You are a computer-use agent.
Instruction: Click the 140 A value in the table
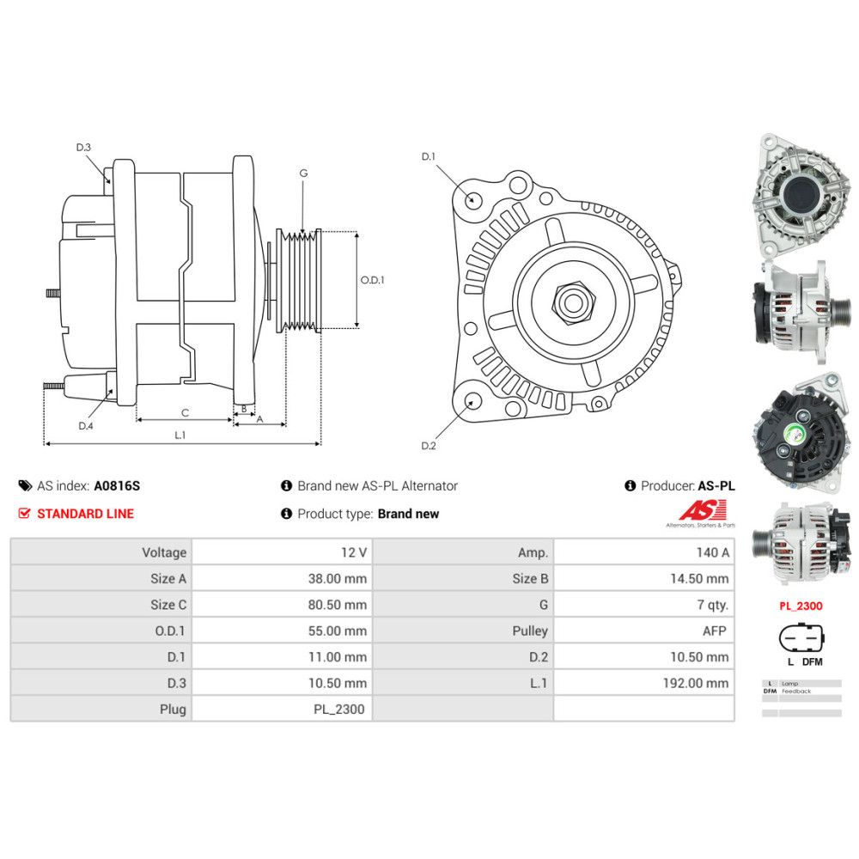[712, 552]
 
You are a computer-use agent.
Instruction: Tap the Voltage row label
[164, 552]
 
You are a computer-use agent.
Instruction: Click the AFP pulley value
[715, 631]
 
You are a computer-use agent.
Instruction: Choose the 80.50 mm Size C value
[338, 605]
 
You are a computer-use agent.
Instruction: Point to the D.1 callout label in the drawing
[429, 156]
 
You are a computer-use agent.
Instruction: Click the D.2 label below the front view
[429, 445]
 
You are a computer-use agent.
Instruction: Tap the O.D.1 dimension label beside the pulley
[372, 280]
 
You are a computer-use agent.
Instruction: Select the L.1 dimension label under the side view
[180, 435]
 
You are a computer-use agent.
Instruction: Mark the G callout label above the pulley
[303, 173]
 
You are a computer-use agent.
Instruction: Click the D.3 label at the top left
[83, 148]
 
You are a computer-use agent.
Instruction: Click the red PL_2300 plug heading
[801, 606]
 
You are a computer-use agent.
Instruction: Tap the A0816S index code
[117, 485]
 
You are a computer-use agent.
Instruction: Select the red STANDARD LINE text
[85, 514]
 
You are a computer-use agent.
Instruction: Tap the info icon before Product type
[287, 514]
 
